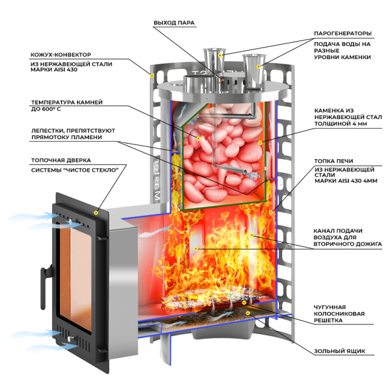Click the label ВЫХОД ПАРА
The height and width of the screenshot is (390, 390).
pyautogui.click(x=174, y=23)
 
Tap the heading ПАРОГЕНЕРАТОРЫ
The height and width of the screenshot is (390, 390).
pyautogui.click(x=343, y=34)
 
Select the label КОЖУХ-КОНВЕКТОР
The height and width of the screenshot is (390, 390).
pyautogui.click(x=60, y=55)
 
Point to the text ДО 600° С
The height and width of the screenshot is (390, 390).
pyautogui.click(x=45, y=109)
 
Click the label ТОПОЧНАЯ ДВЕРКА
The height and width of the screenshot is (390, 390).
pyautogui.click(x=61, y=161)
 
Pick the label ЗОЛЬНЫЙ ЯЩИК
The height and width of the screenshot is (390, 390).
pyautogui.click(x=339, y=351)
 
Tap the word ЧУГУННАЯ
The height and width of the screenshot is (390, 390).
pyautogui.click(x=330, y=307)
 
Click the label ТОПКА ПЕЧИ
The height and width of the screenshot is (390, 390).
pyautogui.click(x=333, y=161)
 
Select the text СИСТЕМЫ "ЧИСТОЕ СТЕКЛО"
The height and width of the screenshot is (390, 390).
pyautogui.click(x=75, y=170)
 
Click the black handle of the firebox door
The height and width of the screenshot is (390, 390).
pyautogui.click(x=45, y=286)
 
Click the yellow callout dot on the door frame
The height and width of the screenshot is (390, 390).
pyautogui.click(x=96, y=213)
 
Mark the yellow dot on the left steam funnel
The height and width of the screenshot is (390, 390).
pyautogui.click(x=220, y=55)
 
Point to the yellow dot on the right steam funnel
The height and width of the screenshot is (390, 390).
pyautogui.click(x=259, y=66)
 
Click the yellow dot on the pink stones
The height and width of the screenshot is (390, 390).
pyautogui.click(x=198, y=138)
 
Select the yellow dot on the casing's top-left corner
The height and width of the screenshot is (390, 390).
pyautogui.click(x=152, y=75)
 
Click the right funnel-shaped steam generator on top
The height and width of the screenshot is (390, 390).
pyautogui.click(x=254, y=71)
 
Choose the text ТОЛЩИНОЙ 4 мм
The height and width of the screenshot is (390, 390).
pyautogui.click(x=340, y=124)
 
